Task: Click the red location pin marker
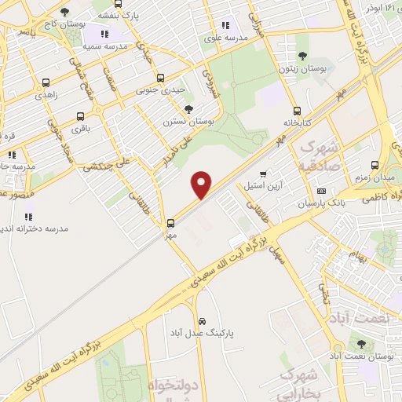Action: (202, 184)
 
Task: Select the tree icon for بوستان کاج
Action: (64, 12)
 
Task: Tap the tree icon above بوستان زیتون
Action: (303, 56)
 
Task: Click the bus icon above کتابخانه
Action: (297, 111)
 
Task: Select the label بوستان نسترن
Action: (189, 122)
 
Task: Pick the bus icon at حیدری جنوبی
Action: (161, 78)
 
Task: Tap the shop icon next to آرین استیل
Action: (263, 174)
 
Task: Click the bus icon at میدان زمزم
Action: (375, 166)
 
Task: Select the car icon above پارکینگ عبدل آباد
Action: (202, 322)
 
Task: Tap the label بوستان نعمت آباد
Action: (374, 356)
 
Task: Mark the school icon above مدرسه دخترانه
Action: (29, 216)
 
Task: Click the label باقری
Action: (81, 126)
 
